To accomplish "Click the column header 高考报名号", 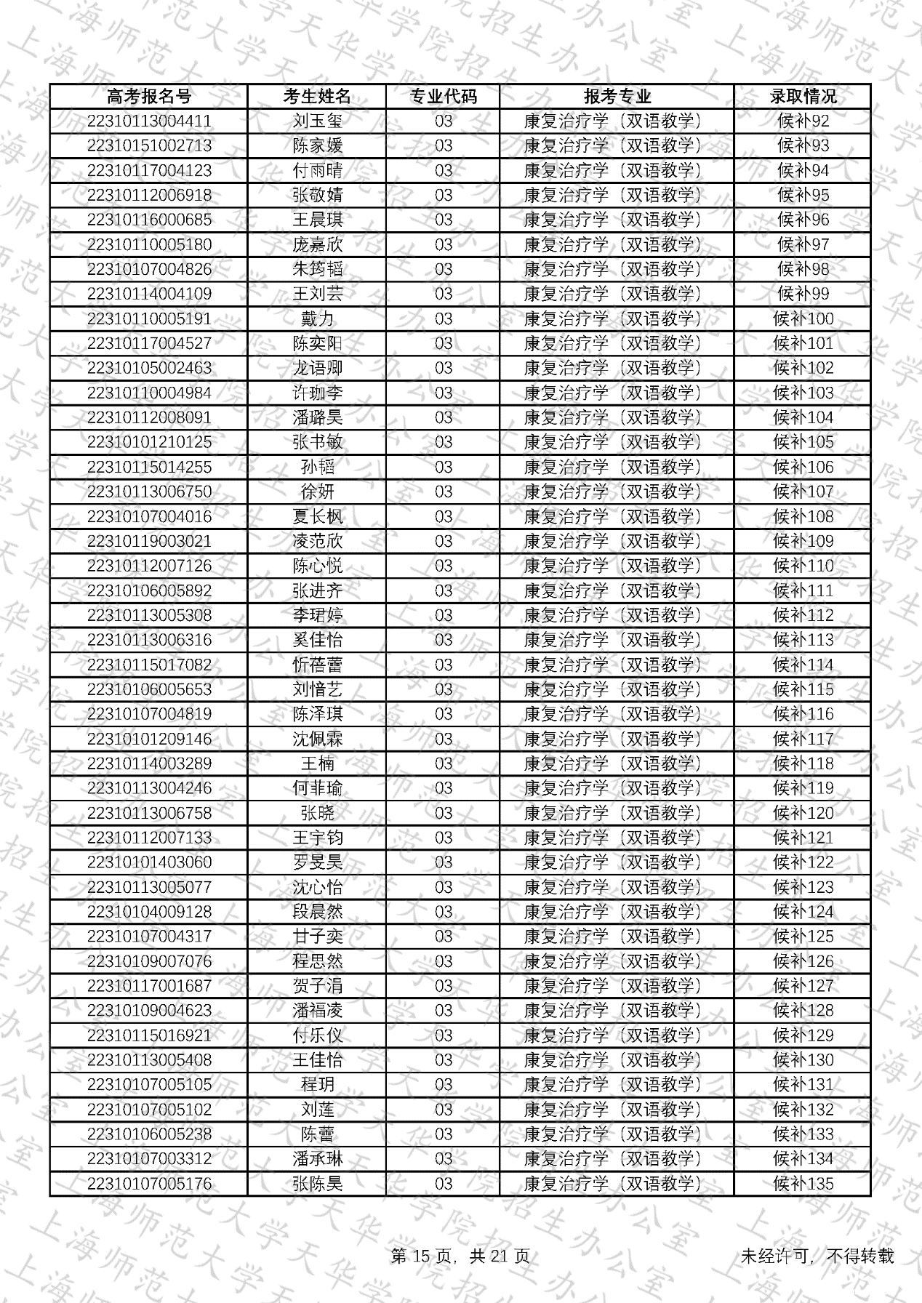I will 149,97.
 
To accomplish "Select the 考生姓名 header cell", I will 317,97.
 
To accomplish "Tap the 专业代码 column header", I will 443,97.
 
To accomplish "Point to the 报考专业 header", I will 617,97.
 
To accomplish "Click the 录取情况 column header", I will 803,97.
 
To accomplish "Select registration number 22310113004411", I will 149,121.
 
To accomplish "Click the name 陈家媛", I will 317,146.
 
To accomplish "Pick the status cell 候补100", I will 803,319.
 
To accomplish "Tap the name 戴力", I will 317,319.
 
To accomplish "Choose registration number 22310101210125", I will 149,443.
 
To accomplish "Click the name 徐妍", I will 317,492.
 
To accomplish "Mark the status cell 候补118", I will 803,764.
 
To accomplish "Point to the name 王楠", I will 317,764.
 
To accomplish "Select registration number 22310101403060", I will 149,863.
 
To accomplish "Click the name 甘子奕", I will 317,937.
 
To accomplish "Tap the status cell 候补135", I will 803,1184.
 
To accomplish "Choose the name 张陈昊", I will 317,1184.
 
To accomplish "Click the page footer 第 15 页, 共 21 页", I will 460,1256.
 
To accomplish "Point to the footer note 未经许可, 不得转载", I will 817,1256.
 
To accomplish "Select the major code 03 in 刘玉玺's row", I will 443,121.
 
